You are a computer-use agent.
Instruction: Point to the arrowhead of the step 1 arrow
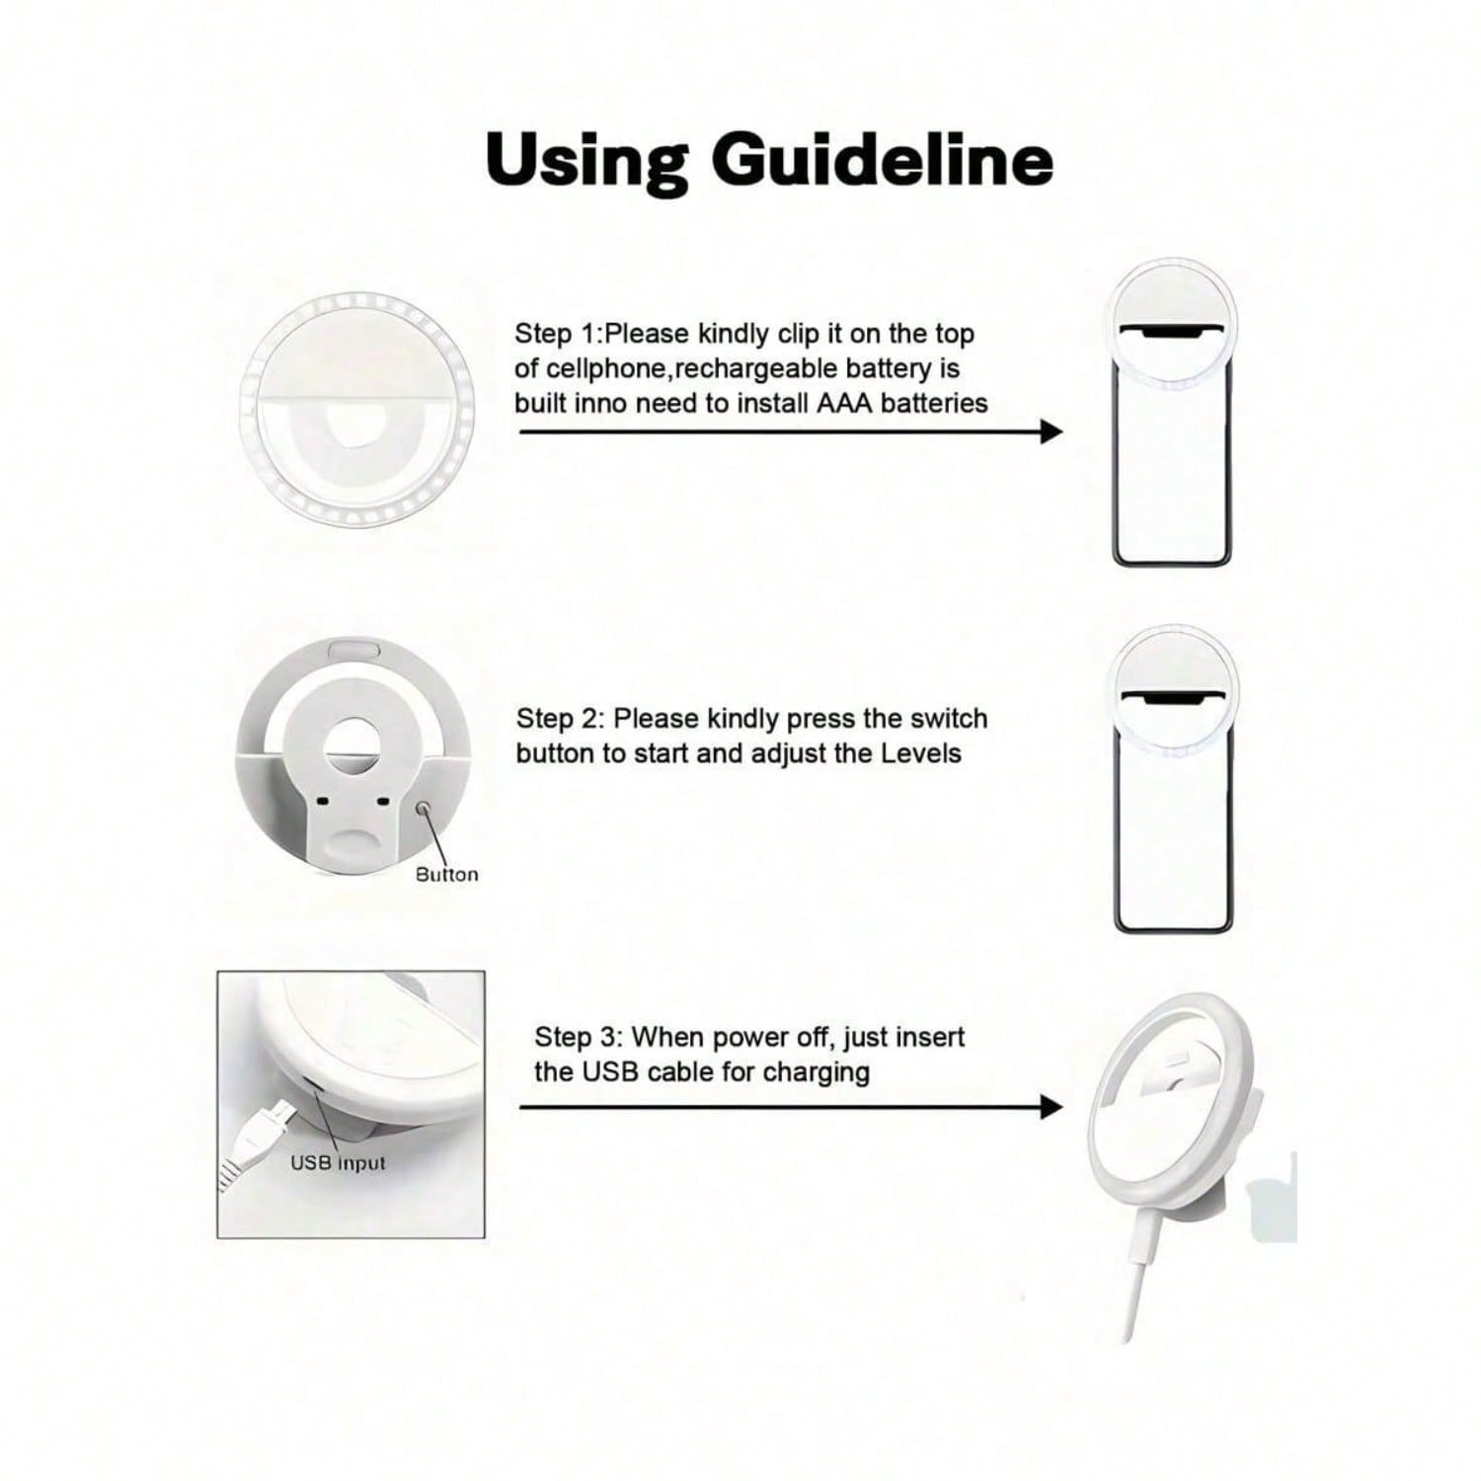pyautogui.click(x=1052, y=431)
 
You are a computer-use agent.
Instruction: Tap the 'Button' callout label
pyautogui.click(x=446, y=875)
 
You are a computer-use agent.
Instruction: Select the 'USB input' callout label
pyautogui.click(x=338, y=1163)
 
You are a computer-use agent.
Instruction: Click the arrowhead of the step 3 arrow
pyautogui.click(x=1052, y=1107)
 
